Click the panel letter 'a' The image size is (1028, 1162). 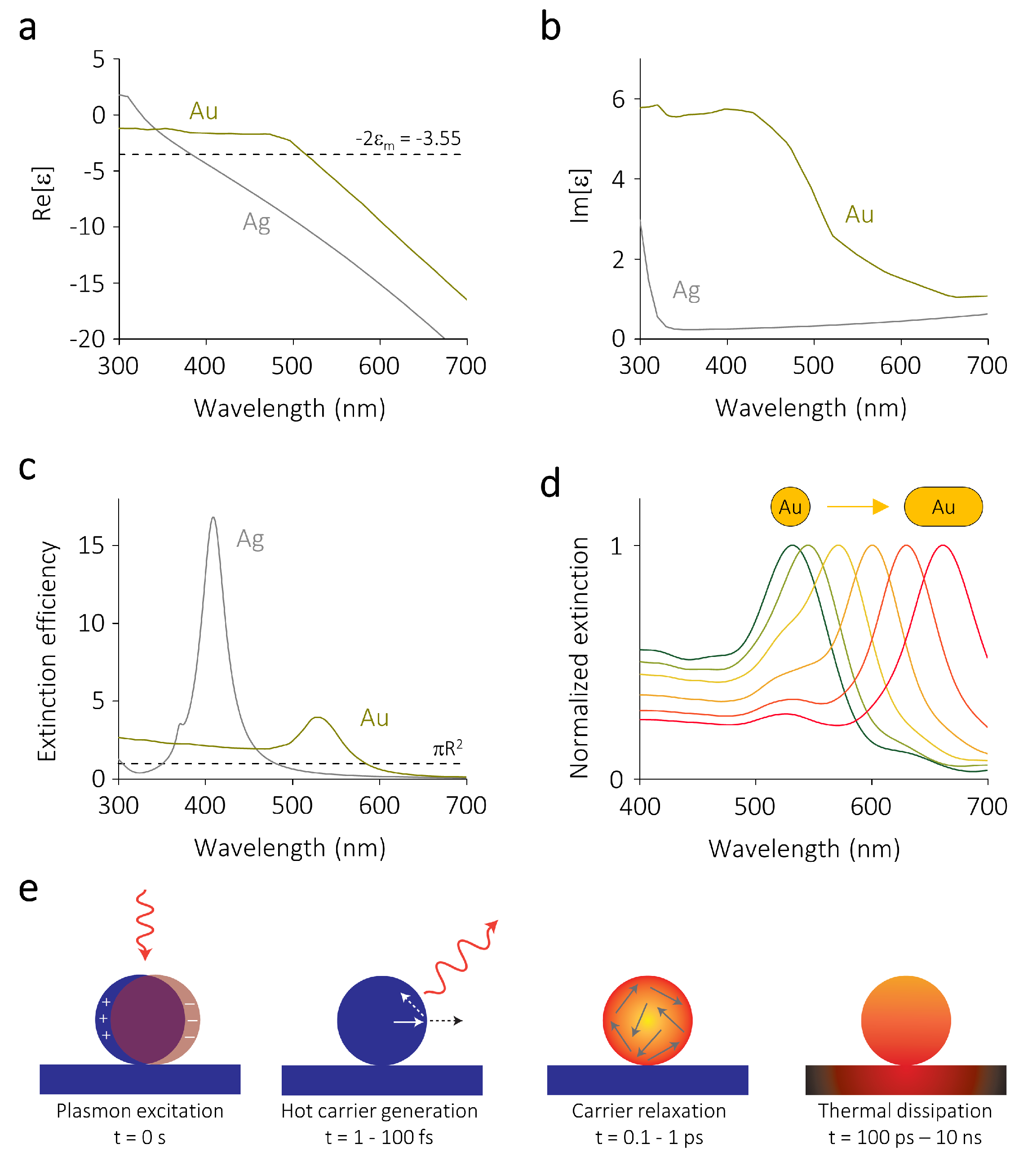tap(27, 28)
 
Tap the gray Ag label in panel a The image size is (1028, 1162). tap(257, 222)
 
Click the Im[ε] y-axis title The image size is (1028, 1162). tap(580, 196)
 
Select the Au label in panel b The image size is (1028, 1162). tap(859, 215)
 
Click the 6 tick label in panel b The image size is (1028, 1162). tap(618, 99)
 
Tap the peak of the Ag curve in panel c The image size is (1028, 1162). tap(213, 519)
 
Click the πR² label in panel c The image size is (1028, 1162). tap(448, 749)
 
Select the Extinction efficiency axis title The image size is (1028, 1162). tap(47, 651)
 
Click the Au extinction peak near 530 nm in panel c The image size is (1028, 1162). tap(317, 718)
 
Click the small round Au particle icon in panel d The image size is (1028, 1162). tap(790, 506)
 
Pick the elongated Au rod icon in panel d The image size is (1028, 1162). tap(943, 506)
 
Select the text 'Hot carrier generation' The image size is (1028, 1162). tap(379, 1111)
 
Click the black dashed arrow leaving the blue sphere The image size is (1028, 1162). tap(445, 1021)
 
